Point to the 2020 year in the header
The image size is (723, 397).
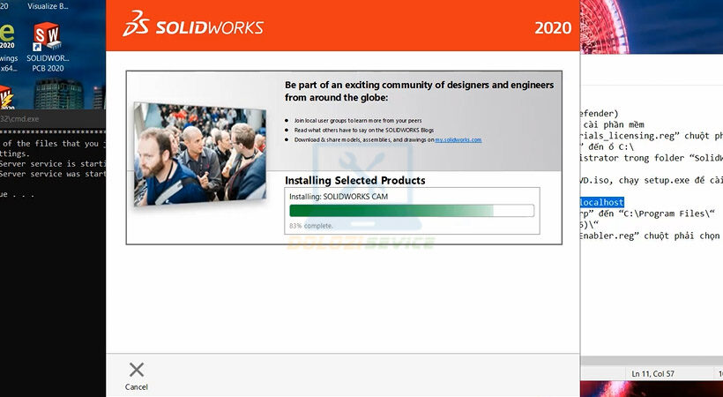pos(552,27)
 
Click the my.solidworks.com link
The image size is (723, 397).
pos(458,140)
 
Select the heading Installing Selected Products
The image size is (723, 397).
pos(354,180)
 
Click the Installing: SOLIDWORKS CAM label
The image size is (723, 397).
pos(339,196)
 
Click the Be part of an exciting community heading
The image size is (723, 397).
pos(419,91)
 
